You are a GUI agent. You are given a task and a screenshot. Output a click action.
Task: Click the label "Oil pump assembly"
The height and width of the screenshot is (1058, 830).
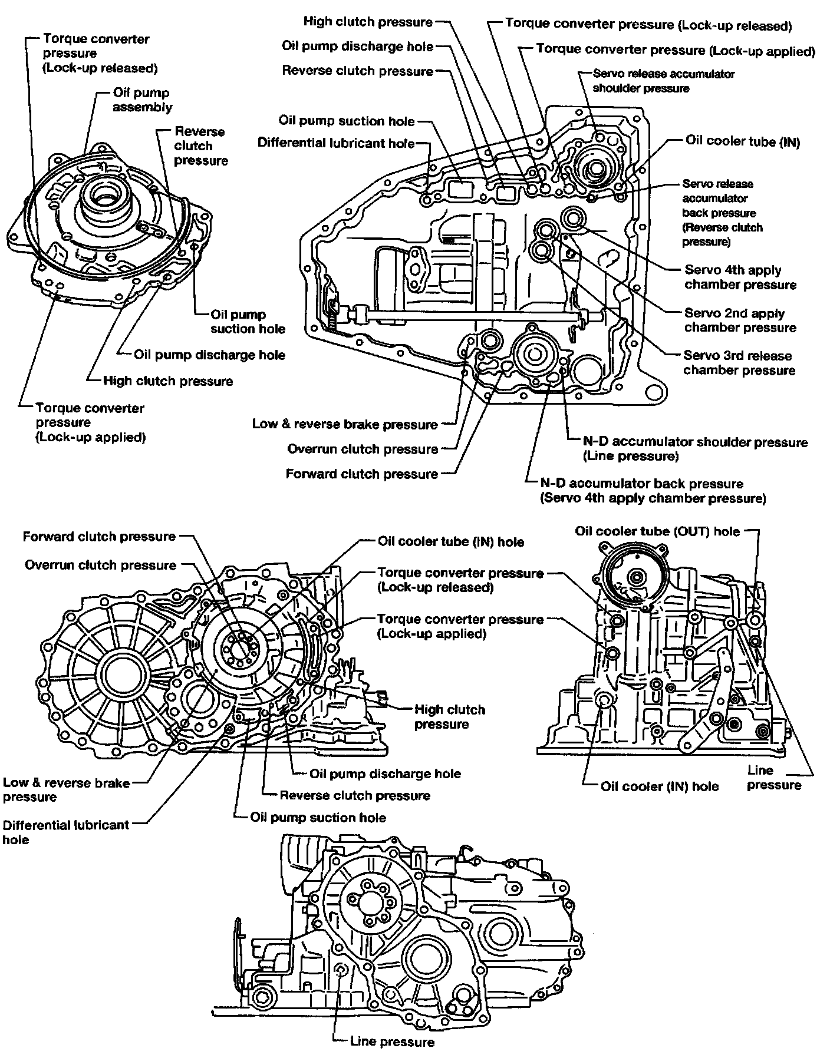point(142,100)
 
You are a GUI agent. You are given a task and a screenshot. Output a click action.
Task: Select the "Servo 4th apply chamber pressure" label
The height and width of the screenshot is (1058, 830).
point(740,277)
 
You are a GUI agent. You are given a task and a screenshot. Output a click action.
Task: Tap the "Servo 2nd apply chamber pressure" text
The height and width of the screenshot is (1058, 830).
point(740,320)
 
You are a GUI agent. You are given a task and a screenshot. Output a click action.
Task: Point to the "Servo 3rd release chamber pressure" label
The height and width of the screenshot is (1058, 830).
point(739,363)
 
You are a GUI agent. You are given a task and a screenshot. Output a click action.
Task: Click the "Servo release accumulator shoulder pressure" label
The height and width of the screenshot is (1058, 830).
point(663,81)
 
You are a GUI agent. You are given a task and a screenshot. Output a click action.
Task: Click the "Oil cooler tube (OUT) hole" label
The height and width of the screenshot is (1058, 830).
point(657,531)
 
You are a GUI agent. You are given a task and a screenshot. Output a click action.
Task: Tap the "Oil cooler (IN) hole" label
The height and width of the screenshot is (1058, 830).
point(660,786)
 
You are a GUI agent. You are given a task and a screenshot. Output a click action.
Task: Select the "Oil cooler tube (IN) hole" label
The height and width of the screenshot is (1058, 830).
point(451,541)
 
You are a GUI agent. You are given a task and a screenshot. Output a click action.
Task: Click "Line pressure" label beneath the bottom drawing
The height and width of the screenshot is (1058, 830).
point(392,1042)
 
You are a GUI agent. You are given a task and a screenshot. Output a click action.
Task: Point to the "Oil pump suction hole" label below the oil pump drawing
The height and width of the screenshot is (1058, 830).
point(248,322)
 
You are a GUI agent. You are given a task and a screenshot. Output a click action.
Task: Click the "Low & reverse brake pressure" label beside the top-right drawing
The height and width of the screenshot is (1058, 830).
point(345,424)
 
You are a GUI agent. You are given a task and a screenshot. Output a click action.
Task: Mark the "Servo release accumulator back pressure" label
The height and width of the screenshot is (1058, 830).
point(722,213)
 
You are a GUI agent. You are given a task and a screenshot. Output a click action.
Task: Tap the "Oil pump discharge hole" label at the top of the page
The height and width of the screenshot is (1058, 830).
point(358,47)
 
